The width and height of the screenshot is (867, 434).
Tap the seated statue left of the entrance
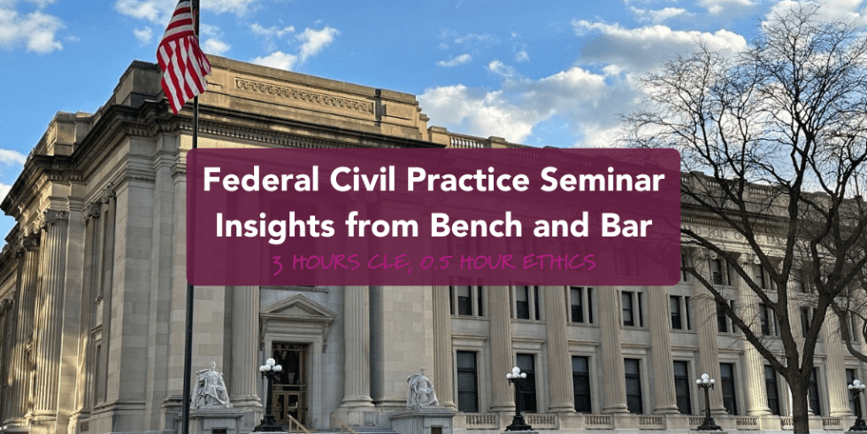tap(211, 387)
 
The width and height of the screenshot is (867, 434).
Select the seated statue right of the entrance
tap(421, 390)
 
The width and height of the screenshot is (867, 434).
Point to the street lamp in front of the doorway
tap(269, 390)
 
